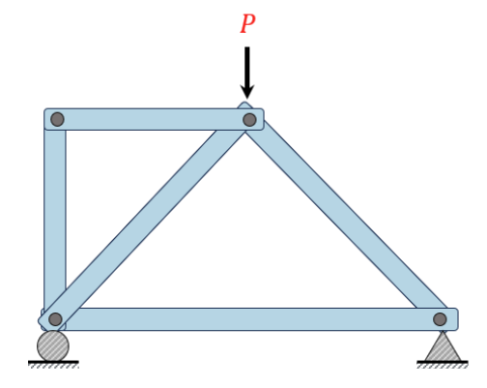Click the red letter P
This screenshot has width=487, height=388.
247,24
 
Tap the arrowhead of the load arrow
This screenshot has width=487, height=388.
247,91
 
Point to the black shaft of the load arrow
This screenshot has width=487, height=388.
247,66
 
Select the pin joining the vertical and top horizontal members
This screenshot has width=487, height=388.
57,119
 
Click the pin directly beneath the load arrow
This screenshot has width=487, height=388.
249,120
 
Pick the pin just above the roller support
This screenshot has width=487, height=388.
55,319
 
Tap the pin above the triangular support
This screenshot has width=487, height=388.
440,319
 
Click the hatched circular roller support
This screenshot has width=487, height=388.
53,345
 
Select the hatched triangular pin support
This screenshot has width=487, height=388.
444,346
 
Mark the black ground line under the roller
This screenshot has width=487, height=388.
53,362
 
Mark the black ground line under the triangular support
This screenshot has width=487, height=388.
443,362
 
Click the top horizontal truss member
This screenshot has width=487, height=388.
154,119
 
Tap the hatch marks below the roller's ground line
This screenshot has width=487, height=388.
53,367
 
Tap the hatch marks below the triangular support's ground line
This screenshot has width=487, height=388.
443,367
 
